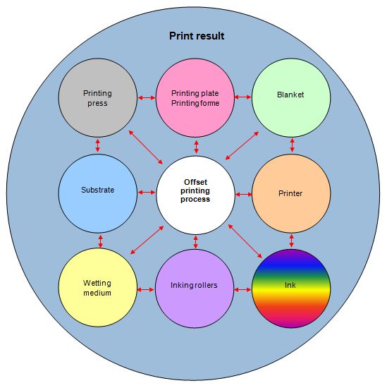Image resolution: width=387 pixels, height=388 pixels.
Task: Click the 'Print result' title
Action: (x=197, y=36)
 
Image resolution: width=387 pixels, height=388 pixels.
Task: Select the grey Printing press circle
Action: (x=98, y=98)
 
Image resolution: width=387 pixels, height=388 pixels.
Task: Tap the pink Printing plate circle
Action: (x=195, y=98)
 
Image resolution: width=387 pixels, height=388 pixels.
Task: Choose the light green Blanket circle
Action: (x=291, y=98)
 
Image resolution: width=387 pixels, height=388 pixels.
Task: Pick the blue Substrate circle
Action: (x=98, y=193)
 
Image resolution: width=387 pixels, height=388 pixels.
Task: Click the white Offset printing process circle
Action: (x=195, y=195)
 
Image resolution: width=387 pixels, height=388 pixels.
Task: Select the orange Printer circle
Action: (x=291, y=193)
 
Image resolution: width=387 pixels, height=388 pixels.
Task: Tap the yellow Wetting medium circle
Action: (x=98, y=288)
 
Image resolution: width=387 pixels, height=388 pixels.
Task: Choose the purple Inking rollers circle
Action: (x=195, y=289)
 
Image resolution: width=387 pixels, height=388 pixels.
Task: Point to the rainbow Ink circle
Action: (x=291, y=289)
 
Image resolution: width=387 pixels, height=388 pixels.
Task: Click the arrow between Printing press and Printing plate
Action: (x=147, y=98)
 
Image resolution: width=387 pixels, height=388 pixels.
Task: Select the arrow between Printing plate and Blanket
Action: (x=242, y=97)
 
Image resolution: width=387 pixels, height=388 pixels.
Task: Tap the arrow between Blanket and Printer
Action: (x=293, y=145)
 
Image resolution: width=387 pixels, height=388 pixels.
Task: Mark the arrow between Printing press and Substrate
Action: (x=98, y=145)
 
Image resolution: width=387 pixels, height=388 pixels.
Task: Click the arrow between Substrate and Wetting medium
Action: (x=100, y=241)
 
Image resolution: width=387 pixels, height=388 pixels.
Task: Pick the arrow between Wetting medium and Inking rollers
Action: (x=145, y=290)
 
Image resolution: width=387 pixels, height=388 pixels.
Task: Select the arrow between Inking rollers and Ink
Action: (x=242, y=290)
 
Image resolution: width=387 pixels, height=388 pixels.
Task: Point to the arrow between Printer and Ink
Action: (x=292, y=241)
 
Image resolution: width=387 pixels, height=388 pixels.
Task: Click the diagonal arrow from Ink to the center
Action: (x=245, y=241)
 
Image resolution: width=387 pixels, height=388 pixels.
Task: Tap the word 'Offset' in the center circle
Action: (x=195, y=182)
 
